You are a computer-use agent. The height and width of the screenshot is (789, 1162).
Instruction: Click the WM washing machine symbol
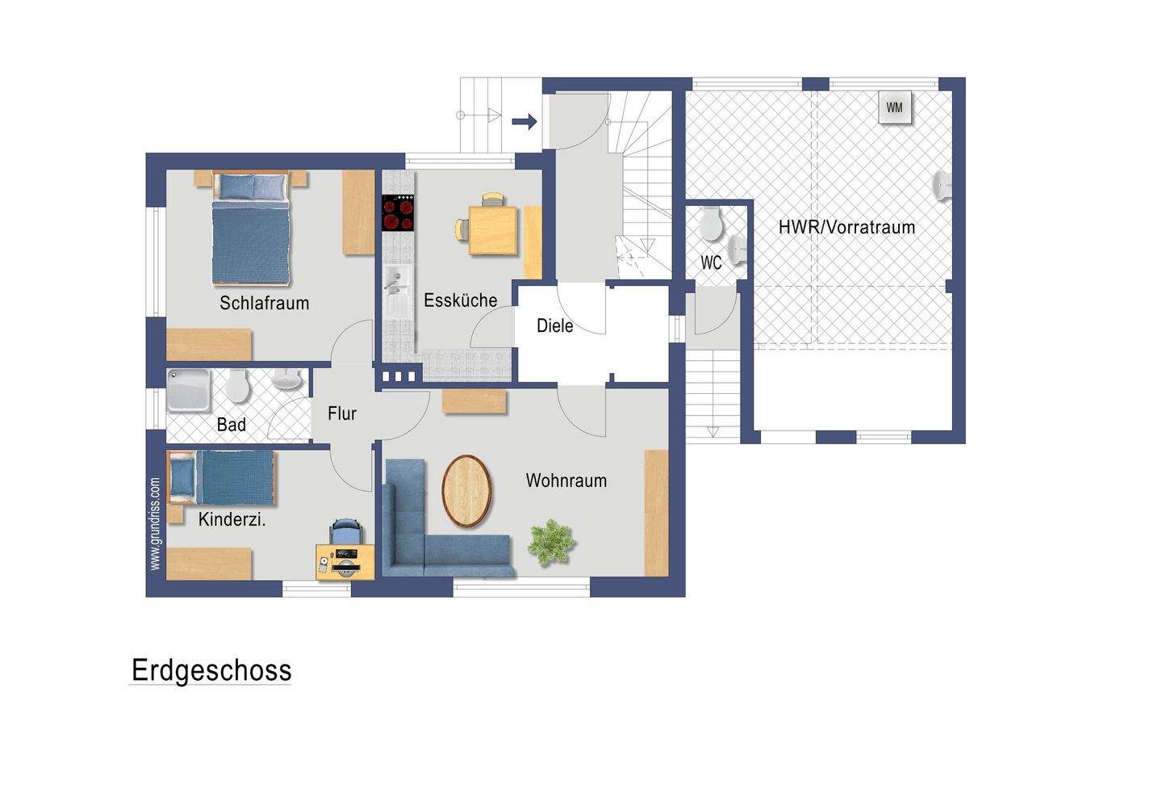click(894, 108)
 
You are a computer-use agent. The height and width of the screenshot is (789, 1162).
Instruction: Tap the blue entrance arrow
click(525, 122)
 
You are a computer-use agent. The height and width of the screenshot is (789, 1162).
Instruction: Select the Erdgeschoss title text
click(211, 670)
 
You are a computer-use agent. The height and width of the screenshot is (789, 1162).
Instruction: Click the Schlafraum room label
click(265, 304)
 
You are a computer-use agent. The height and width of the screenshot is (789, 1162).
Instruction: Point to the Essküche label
click(461, 300)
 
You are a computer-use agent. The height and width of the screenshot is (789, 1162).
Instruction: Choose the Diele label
click(555, 325)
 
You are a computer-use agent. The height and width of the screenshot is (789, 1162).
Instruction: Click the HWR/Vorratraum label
click(846, 227)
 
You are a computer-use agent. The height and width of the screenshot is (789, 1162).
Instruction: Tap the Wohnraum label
click(566, 481)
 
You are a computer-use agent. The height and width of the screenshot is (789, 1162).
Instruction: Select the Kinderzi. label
click(232, 520)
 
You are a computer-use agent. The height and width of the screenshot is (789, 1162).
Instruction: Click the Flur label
click(342, 413)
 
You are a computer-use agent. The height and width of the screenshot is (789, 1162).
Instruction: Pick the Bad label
click(232, 425)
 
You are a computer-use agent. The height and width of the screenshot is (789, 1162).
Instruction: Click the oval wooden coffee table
click(466, 491)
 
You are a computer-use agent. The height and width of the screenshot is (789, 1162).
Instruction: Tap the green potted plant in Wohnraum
click(551, 539)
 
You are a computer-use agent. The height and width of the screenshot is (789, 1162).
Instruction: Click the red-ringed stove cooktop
click(398, 213)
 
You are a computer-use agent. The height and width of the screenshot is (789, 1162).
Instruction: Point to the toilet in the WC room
click(711, 224)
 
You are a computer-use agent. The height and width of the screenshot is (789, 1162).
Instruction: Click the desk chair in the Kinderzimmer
click(345, 532)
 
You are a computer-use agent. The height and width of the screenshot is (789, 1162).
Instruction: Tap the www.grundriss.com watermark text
click(155, 524)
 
